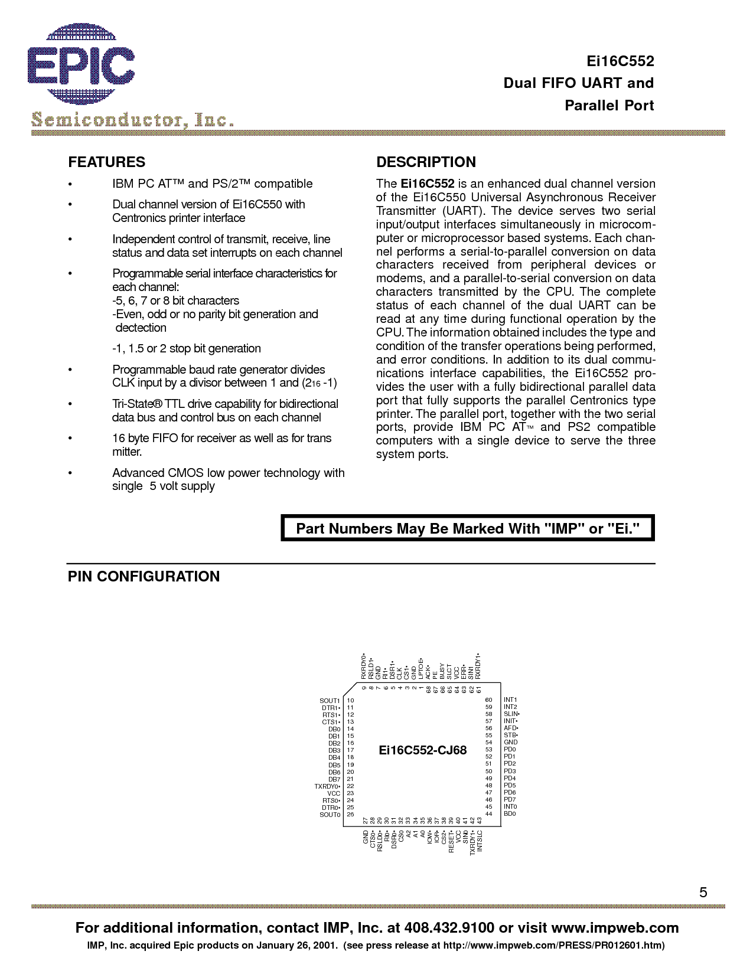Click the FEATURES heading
[x=106, y=162]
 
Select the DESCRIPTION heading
[x=426, y=162]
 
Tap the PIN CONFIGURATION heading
[x=144, y=577]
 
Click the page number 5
[x=703, y=893]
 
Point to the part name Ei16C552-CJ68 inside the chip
[x=422, y=750]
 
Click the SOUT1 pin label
[x=330, y=701]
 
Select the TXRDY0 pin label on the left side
[x=327, y=786]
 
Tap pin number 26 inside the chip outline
[x=350, y=815]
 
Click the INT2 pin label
[x=510, y=707]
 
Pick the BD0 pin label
[x=510, y=814]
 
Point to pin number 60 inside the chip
[x=488, y=700]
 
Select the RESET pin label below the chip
[x=451, y=842]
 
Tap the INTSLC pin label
[x=480, y=841]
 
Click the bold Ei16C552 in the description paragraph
[x=427, y=184]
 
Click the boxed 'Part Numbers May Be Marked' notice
[x=468, y=528]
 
